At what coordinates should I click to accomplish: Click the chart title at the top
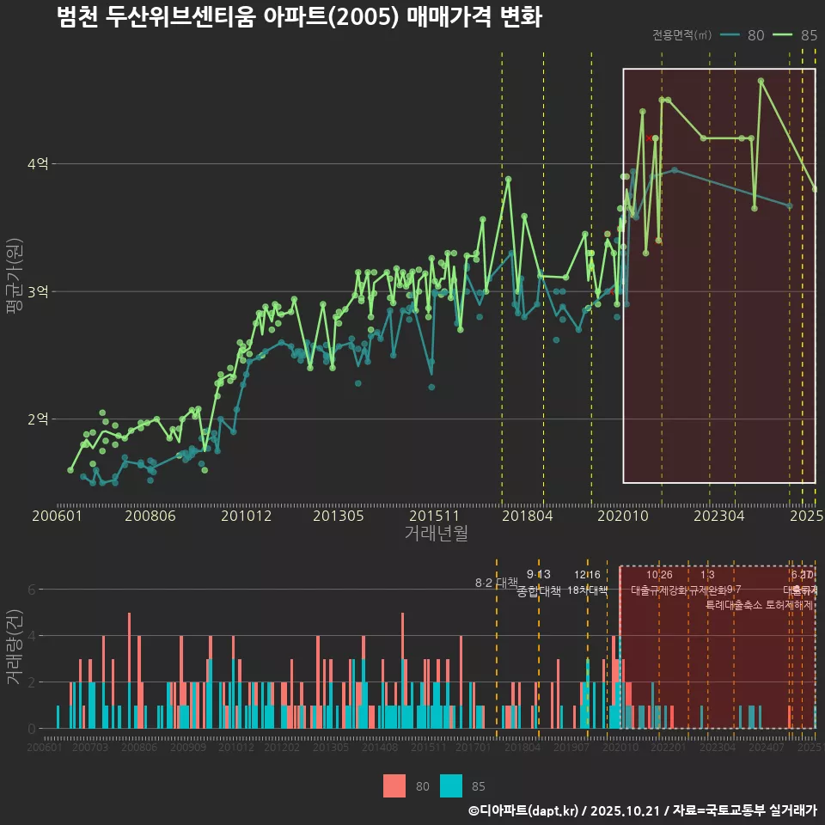point(299,17)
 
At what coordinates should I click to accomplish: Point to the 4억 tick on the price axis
point(38,163)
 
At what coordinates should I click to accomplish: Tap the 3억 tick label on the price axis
point(38,291)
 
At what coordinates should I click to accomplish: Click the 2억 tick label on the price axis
point(38,419)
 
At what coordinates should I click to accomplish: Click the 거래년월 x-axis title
point(436,533)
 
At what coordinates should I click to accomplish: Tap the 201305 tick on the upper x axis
point(339,516)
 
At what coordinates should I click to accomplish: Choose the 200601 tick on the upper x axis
point(57,516)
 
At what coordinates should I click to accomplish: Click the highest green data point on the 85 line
point(761,82)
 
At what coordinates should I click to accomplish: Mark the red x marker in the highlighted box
point(649,137)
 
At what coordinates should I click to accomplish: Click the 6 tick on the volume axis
point(32,590)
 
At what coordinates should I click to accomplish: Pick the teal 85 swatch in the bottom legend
point(450,785)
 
